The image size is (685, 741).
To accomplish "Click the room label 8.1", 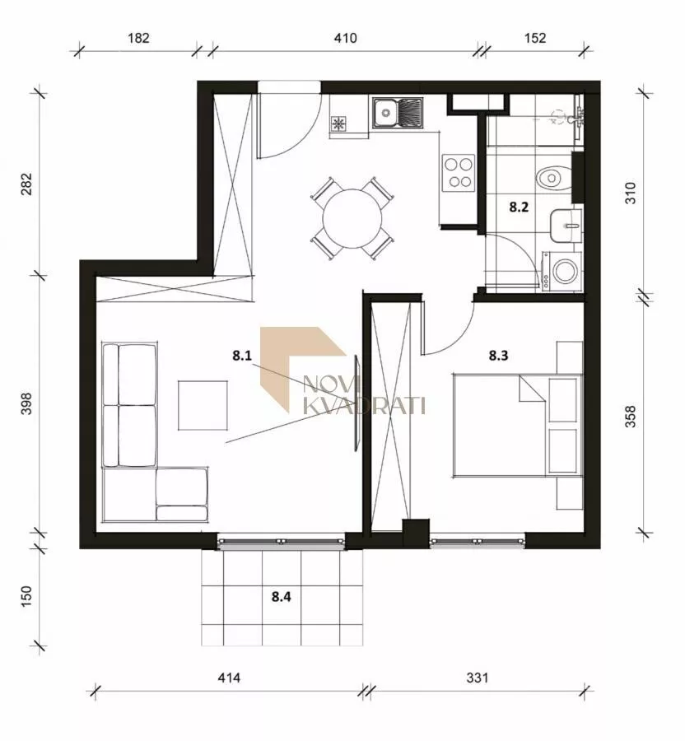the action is point(242,356).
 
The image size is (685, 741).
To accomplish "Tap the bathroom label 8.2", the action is point(518,207).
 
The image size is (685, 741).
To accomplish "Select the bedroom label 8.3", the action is point(498,356).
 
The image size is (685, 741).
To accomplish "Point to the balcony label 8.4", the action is point(281,597).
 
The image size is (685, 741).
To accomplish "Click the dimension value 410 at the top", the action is point(345,38).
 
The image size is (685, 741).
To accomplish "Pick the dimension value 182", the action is point(138,38).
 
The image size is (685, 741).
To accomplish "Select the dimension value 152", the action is point(535,38).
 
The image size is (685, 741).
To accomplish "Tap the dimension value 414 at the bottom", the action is point(229,678).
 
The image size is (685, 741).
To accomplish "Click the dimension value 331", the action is point(478,678).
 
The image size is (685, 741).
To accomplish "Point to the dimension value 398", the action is point(27,403).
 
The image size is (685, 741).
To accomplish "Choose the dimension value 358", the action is point(631,417).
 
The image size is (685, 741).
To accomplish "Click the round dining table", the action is point(352,219).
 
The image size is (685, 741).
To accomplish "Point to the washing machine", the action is point(562,271).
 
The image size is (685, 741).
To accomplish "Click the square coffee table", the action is point(203,405).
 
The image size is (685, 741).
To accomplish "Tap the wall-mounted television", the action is point(356,403).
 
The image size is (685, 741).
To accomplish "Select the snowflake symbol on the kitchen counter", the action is point(338,123).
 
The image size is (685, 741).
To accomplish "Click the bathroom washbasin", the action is point(565,226).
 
